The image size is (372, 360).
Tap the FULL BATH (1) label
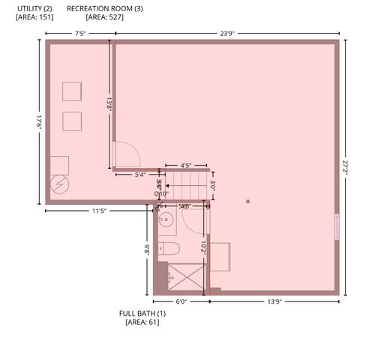[142, 313]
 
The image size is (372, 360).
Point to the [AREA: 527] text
[105, 16]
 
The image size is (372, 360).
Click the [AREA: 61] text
[142, 322]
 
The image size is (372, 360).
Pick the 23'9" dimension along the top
[229, 33]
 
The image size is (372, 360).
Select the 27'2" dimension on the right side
[346, 167]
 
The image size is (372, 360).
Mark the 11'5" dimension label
[98, 211]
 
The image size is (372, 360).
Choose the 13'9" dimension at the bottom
[274, 301]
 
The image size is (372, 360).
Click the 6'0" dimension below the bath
[181, 301]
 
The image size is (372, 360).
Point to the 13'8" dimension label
[109, 103]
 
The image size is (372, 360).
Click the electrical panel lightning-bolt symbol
[58, 184]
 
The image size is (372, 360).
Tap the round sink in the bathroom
[166, 220]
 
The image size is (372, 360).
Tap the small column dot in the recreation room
[247, 201]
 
